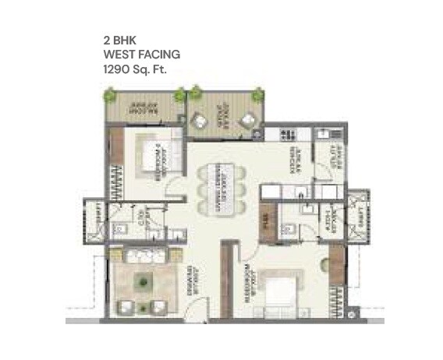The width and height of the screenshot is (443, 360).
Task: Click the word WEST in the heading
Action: click(117, 55)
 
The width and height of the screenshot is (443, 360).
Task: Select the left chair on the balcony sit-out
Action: click(202, 119)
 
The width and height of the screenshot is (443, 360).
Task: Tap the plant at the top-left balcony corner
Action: click(111, 96)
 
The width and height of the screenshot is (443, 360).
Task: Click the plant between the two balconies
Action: click(181, 96)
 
